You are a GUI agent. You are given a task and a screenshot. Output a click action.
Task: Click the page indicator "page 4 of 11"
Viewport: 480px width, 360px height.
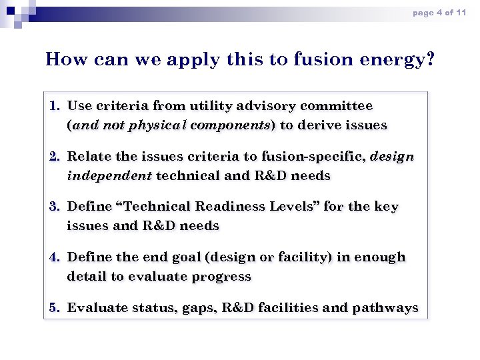tap(439, 13)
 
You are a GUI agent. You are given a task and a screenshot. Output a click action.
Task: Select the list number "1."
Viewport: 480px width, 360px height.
tap(55, 106)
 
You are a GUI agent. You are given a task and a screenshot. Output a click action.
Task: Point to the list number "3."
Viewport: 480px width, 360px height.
tap(55, 207)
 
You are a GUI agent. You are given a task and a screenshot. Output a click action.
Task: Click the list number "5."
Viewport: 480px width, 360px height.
tap(55, 307)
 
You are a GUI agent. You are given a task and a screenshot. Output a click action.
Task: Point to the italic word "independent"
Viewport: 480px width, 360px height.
tap(110, 176)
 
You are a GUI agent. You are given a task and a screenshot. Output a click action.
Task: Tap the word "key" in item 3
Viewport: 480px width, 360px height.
tap(386, 207)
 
